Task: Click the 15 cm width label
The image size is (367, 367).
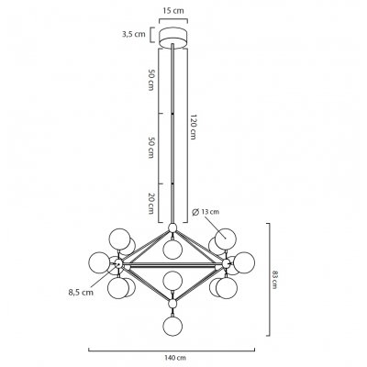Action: [x=173, y=11]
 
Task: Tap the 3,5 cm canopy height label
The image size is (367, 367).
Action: [x=134, y=34]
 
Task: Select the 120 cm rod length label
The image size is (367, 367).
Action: [x=193, y=127]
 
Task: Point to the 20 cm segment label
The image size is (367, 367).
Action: [x=150, y=204]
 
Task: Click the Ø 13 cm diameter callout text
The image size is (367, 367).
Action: [x=206, y=212]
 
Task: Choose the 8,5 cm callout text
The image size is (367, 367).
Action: [x=81, y=292]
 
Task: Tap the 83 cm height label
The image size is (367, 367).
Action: [x=274, y=280]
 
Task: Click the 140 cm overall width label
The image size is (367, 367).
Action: [x=172, y=357]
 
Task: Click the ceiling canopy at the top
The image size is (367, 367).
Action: [x=173, y=38]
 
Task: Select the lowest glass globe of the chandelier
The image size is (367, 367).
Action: [x=172, y=327]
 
